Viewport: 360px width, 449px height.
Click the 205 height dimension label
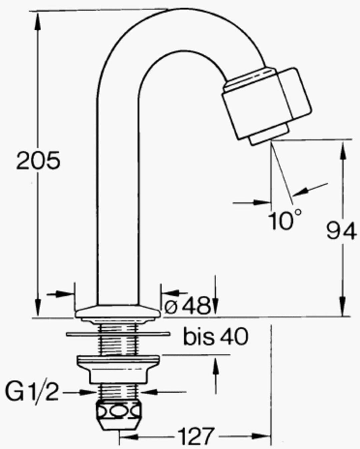click(x=39, y=161)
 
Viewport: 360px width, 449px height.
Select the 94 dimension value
click(x=341, y=231)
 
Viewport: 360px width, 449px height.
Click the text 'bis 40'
click(x=215, y=337)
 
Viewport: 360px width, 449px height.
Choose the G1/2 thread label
click(x=32, y=393)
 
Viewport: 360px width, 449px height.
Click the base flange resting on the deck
click(x=119, y=312)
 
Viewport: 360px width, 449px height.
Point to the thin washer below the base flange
click(x=118, y=333)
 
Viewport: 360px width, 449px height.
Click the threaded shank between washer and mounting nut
click(x=119, y=345)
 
